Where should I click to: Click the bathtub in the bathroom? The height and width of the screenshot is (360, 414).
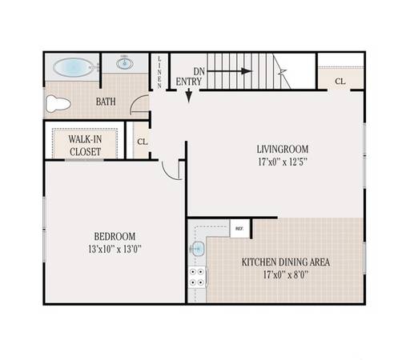(73, 67)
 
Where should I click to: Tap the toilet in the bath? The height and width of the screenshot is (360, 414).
(58, 104)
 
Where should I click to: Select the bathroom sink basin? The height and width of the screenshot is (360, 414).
(125, 63)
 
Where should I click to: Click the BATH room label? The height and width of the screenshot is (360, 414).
(106, 102)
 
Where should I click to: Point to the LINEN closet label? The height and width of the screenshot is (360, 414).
(159, 72)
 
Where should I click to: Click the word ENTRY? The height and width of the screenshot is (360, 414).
(189, 82)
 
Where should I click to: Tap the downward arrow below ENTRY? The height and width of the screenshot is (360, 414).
(189, 95)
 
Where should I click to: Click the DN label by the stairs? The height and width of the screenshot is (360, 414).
(199, 71)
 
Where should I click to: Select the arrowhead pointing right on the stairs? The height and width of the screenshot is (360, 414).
(247, 71)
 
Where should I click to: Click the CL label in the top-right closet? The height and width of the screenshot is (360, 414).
(340, 81)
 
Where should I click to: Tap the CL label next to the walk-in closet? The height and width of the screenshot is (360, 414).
(143, 142)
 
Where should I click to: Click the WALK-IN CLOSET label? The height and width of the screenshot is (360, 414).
(85, 146)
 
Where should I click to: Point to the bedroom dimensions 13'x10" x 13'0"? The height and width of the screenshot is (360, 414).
(115, 250)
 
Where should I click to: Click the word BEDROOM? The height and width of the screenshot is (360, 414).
(115, 237)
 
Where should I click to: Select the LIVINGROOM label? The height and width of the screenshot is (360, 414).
(283, 149)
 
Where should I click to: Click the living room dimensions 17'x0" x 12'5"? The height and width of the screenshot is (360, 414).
(283, 162)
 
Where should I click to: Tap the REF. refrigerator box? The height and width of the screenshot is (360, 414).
(239, 229)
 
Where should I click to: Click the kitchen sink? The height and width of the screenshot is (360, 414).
(197, 249)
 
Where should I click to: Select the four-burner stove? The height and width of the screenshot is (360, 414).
(197, 277)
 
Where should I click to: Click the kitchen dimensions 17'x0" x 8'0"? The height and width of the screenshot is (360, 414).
(286, 274)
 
